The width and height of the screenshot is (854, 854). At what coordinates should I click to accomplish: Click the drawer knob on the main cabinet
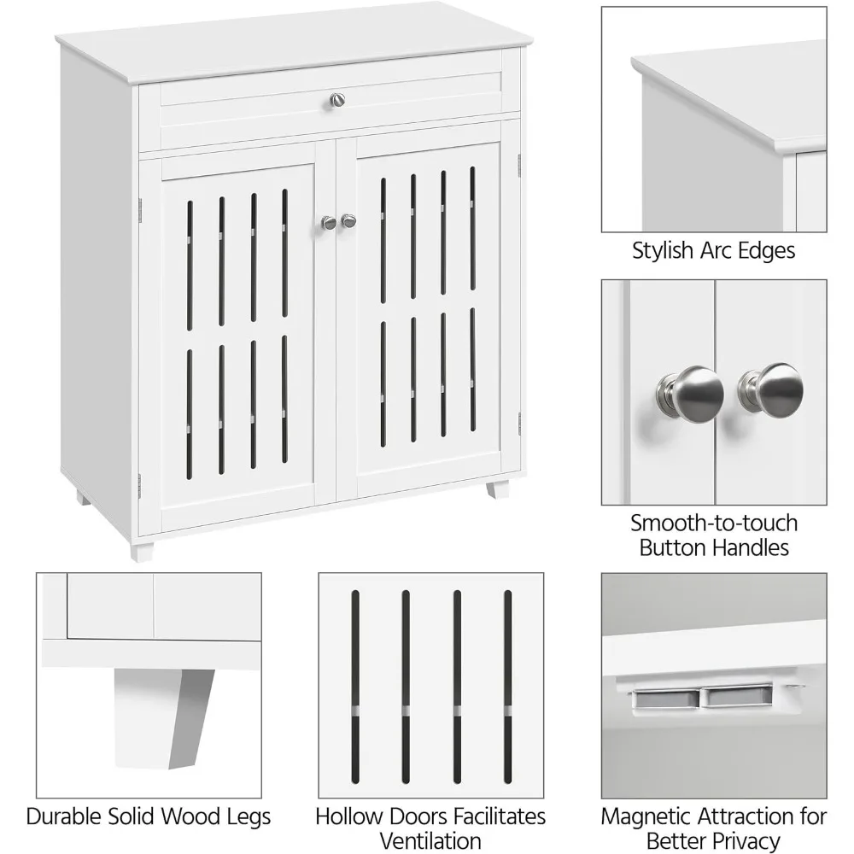point(338,100)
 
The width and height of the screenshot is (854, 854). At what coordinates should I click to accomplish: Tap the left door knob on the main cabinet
point(329,222)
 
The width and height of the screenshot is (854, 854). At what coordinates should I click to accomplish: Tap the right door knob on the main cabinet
point(348,220)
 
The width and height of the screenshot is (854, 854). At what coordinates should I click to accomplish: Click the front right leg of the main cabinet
point(498,489)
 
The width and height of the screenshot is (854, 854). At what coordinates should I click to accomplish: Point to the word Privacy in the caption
point(745,840)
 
